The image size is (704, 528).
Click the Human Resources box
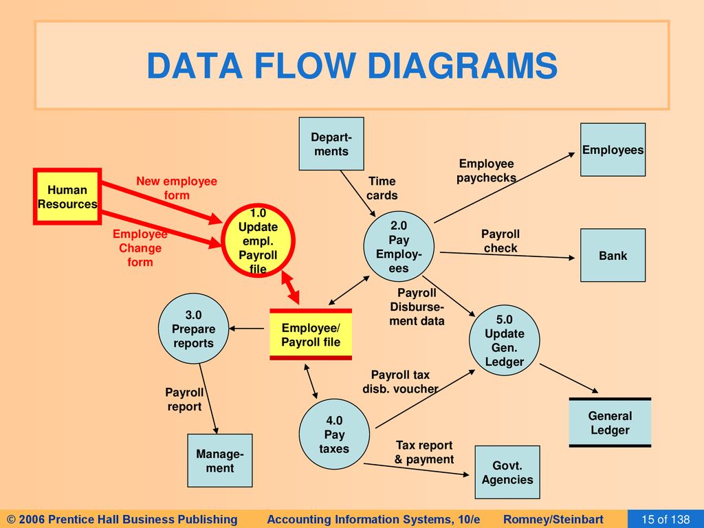[x=67, y=196]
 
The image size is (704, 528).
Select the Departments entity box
[x=331, y=144]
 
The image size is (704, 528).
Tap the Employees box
[x=613, y=149]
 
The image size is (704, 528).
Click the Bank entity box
[x=613, y=255]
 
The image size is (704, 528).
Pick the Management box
[x=220, y=461]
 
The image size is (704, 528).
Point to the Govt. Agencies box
[x=507, y=472]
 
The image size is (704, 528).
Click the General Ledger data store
[x=610, y=423]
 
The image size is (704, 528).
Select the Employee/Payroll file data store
[x=311, y=335]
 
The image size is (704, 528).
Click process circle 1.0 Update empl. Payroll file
[x=258, y=241]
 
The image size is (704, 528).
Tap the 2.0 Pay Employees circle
[x=399, y=247]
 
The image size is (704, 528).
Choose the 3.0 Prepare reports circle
[x=193, y=329]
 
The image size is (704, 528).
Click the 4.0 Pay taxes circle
[x=335, y=434]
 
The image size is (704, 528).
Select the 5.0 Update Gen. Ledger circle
[x=504, y=340]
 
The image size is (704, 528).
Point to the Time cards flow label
[x=382, y=188]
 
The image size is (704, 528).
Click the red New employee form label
[x=177, y=188]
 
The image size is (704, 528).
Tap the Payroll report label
[x=184, y=399]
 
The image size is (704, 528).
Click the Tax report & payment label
[x=424, y=452]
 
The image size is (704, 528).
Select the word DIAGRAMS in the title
[x=463, y=66]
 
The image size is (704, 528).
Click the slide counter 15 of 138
[x=665, y=520]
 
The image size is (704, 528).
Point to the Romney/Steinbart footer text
[x=553, y=520]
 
